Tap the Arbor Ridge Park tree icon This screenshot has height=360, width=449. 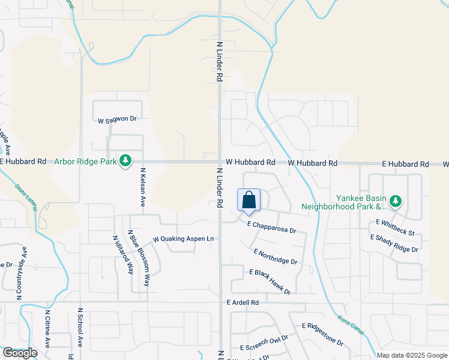pos(125,161)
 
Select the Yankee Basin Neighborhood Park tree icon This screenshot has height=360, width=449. pos(395,202)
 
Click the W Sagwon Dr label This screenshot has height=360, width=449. pos(118,119)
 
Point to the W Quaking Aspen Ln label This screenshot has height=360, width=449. pos(183,239)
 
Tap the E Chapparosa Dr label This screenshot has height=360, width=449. pos(272,226)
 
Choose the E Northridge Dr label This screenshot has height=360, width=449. pos(276,257)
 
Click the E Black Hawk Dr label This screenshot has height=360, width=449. pos(270,281)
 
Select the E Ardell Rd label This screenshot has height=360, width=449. pos(243,303)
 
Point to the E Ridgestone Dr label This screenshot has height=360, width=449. pos(322,334)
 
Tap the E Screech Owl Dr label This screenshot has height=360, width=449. pos(264,343)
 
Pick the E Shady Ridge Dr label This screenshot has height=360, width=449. pos(394,243)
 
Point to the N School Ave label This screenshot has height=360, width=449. pos(79,329)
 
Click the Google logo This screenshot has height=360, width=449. pos(20,353)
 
